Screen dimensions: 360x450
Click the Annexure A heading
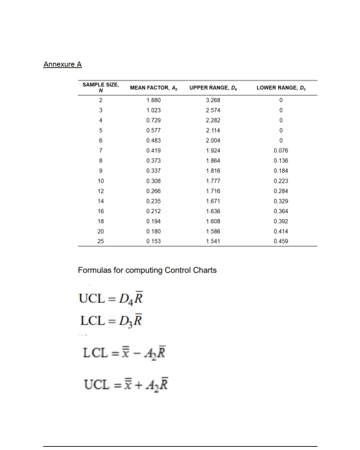tap(62, 64)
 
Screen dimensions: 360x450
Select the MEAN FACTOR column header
tap(151, 87)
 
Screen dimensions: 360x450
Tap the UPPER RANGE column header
tap(213, 87)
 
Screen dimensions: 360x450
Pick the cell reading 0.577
tap(154, 130)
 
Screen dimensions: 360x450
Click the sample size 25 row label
tap(101, 241)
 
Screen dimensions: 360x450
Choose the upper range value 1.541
tap(213, 241)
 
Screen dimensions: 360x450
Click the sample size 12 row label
tap(101, 190)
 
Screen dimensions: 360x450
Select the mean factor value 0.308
tap(154, 181)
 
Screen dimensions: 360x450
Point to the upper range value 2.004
tap(213, 140)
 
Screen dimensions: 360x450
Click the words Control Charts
tap(192, 270)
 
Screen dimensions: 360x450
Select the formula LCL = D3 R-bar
tap(111, 320)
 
